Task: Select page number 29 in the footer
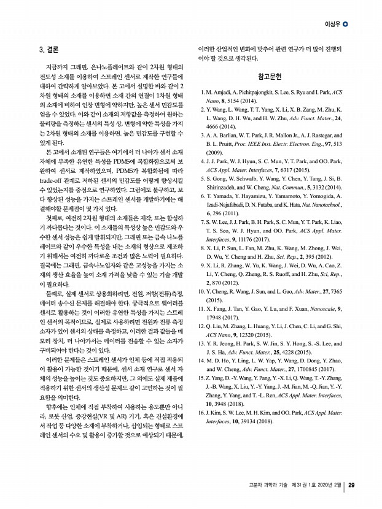351,486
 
